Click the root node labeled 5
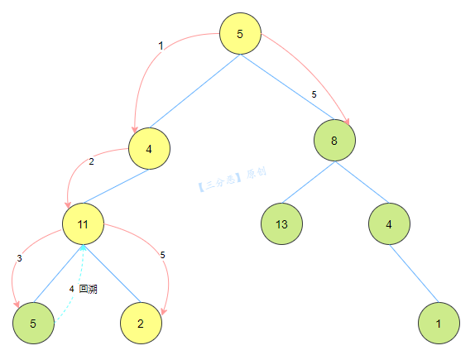(240, 34)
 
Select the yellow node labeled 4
(149, 148)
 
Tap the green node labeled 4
(389, 223)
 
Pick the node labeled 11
(83, 224)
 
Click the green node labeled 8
(334, 141)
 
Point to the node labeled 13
(281, 223)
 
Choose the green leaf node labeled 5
(33, 323)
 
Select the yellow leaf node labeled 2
(141, 323)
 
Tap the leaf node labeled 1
(439, 323)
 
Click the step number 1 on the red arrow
(161, 46)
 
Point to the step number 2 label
(91, 161)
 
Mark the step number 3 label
(19, 258)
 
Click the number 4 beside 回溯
(71, 289)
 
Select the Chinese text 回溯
(89, 289)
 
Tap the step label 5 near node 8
(314, 94)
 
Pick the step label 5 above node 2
(163, 255)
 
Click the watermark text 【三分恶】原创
(232, 179)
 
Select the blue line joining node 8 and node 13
(309, 182)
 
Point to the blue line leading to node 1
(414, 274)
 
